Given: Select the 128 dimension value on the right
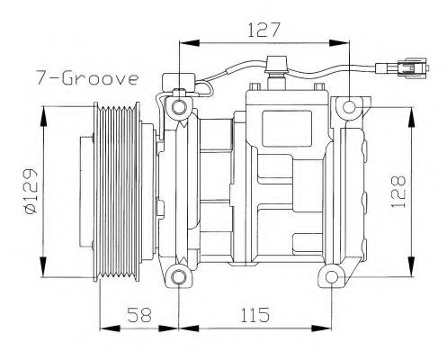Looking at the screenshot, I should [399, 191].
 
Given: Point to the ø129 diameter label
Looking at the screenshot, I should [30, 192].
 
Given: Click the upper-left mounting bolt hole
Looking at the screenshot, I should [179, 108].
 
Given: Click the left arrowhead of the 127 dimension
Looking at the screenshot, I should [183, 41].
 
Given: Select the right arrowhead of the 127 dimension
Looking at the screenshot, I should [344, 41].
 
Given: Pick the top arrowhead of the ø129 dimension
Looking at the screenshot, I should [42, 112].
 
